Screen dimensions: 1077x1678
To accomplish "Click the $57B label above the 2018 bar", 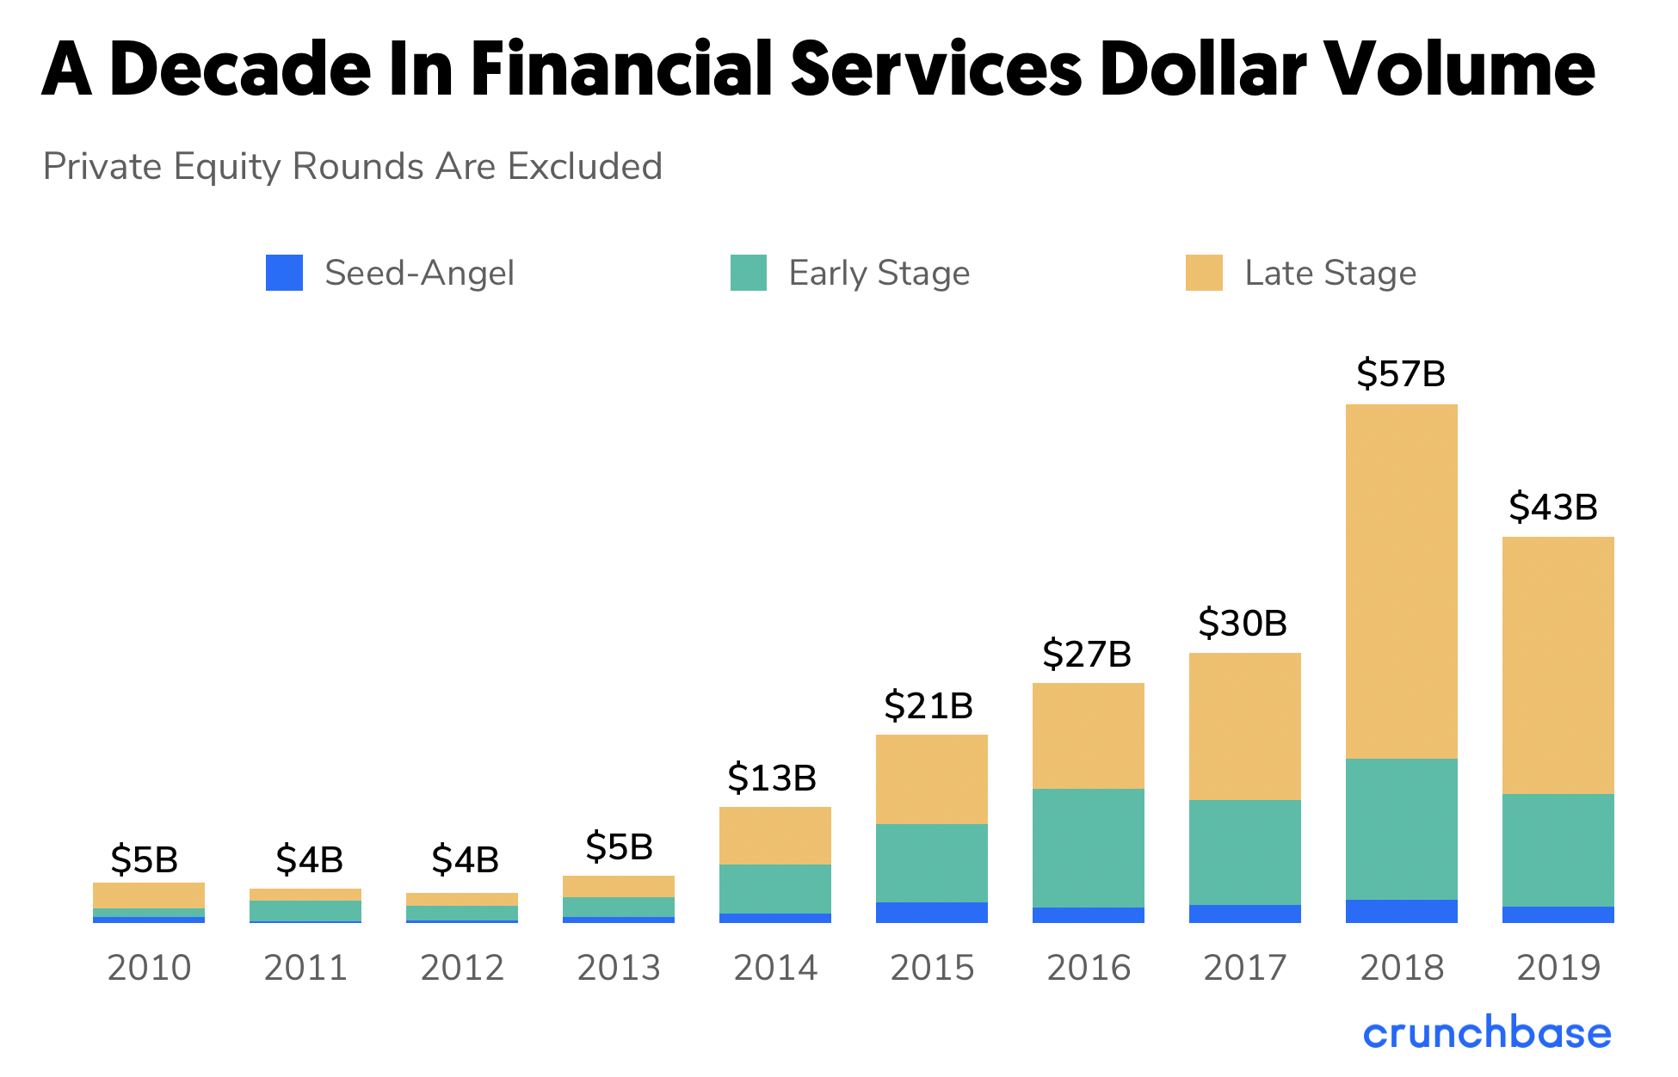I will coord(1401,374).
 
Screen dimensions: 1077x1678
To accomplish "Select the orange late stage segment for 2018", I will coord(1401,581).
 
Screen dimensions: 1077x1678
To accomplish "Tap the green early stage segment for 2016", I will coord(1088,847).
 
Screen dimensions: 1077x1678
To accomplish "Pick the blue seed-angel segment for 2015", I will coord(931,913).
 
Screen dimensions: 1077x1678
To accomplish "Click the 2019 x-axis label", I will coord(1558,969).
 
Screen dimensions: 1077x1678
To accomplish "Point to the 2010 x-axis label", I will coord(149,969).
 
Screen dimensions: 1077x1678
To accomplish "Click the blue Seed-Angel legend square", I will coord(284,273).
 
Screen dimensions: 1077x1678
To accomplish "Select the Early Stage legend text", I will coord(879,274).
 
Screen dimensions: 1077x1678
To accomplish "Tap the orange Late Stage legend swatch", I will coord(1204,273).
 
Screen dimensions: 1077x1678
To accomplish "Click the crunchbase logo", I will coord(1486,1033).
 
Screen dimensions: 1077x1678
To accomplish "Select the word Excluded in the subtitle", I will coord(585,167).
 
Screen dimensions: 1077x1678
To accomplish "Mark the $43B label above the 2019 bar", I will coord(1553,508).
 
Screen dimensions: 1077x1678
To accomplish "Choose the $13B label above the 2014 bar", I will coord(772,779).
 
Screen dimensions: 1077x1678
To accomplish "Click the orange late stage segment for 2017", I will coord(1244,726).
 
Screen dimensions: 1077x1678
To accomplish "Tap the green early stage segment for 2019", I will coord(1558,850).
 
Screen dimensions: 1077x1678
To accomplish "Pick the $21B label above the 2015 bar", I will coord(928,706).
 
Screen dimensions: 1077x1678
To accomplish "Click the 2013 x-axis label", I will coord(619,969).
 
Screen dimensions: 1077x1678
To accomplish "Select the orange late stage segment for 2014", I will coord(774,835).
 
